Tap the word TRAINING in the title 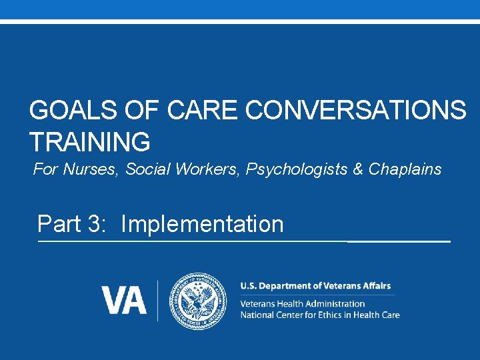89,142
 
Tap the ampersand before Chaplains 358,169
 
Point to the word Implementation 202,224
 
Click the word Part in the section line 59,224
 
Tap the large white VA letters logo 124,300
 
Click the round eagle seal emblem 198,300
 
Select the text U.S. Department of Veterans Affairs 315,286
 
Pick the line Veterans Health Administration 302,303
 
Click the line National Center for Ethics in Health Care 319,314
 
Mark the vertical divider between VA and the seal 158,300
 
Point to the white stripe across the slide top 240,21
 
